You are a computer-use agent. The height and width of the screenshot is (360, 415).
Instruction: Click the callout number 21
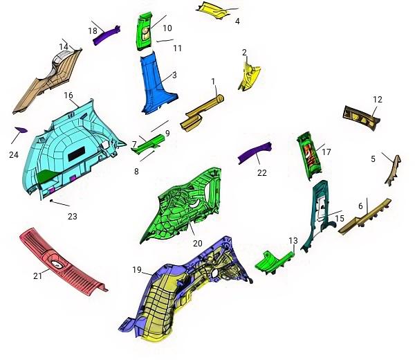pyautogui.click(x=37, y=276)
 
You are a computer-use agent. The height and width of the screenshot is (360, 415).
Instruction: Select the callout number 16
pyautogui.click(x=68, y=96)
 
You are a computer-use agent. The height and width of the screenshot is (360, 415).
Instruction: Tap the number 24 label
pyautogui.click(x=14, y=154)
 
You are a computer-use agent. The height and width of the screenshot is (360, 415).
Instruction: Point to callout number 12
pyautogui.click(x=378, y=100)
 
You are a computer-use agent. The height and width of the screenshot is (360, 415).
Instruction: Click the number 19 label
pyautogui.click(x=137, y=270)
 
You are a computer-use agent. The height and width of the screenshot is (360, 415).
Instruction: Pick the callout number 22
pyautogui.click(x=262, y=172)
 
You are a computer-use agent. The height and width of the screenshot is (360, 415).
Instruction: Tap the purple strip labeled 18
pyautogui.click(x=107, y=35)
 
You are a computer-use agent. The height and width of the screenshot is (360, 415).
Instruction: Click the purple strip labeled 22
pyautogui.click(x=255, y=153)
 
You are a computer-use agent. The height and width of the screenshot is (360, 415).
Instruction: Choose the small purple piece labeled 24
pyautogui.click(x=21, y=129)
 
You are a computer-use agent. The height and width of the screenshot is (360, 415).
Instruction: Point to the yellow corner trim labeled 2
pyautogui.click(x=249, y=77)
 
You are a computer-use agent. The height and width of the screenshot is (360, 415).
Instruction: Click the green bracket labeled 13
pyautogui.click(x=274, y=262)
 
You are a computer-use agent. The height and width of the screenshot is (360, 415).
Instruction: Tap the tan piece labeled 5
pyautogui.click(x=394, y=171)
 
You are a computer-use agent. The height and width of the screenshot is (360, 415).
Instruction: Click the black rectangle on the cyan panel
pyautogui.click(x=77, y=156)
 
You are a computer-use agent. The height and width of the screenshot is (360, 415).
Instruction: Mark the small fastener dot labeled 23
pyautogui.click(x=51, y=201)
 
